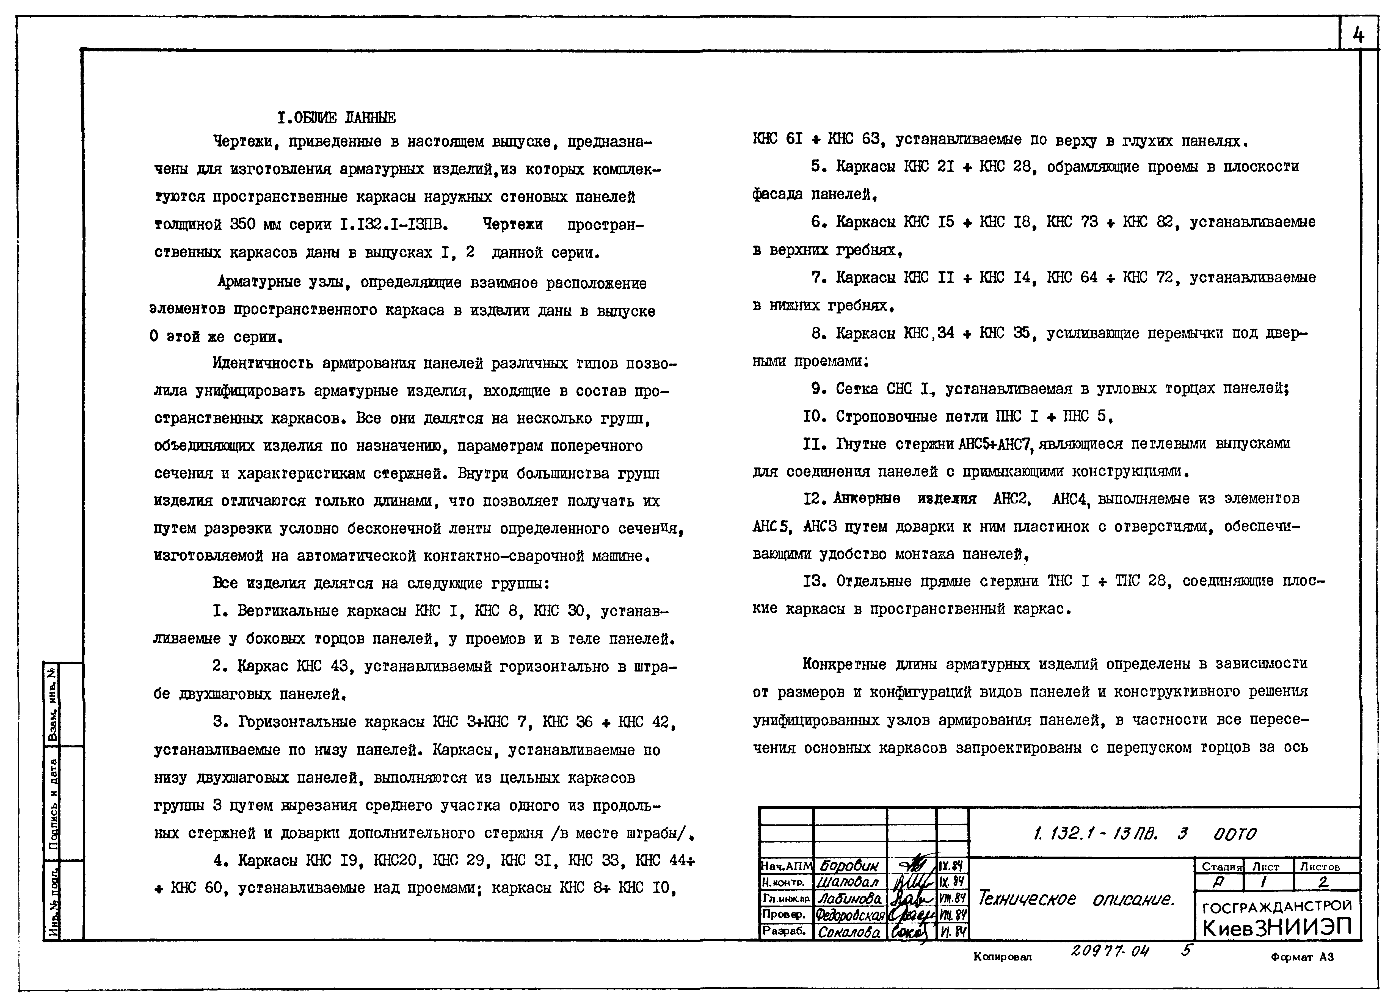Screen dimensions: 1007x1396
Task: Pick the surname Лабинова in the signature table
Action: [849, 899]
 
